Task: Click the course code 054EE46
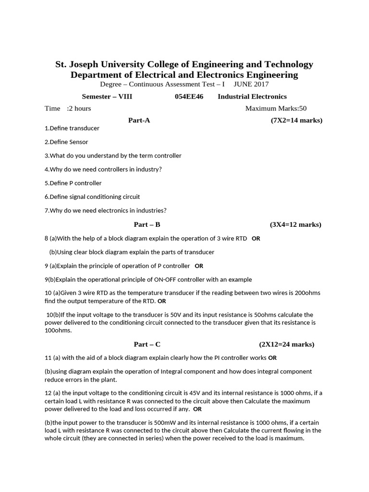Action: (189, 97)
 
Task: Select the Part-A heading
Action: (139, 120)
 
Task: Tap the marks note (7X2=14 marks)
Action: (296, 120)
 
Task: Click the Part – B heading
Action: (147, 224)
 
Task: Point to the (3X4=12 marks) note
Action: (295, 224)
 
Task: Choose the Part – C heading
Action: (147, 344)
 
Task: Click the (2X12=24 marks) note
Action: (286, 344)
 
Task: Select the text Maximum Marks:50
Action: (276, 108)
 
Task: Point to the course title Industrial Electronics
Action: (252, 97)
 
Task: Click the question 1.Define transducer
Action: (72, 128)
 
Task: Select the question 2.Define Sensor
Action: (66, 142)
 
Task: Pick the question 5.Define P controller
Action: (73, 183)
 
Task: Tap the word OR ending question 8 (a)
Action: (256, 238)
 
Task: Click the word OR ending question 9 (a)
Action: (199, 266)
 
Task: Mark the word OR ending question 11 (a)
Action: (272, 358)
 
